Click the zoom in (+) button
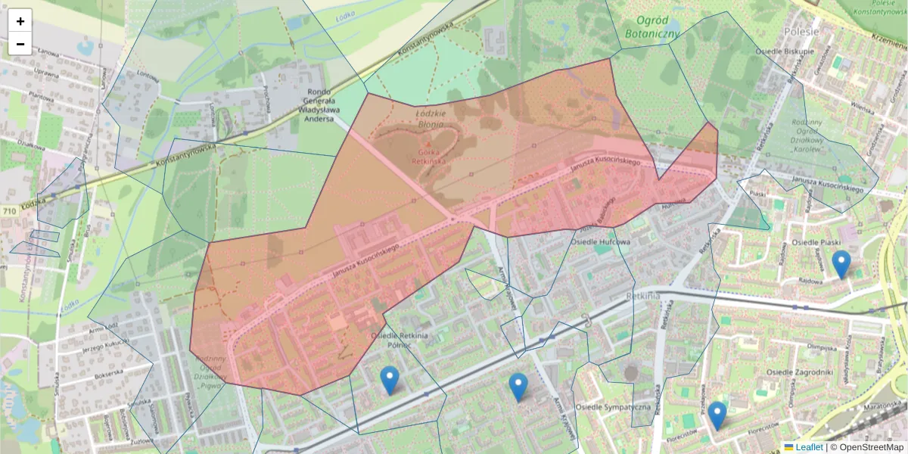pos(20,21)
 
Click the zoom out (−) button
pos(20,44)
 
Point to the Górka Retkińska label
pos(429,156)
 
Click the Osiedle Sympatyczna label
pos(613,407)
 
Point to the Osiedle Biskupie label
pos(785,51)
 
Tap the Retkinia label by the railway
pos(644,295)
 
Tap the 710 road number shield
pos(9,211)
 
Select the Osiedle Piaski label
pos(816,242)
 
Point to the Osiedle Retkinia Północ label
pos(400,340)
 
